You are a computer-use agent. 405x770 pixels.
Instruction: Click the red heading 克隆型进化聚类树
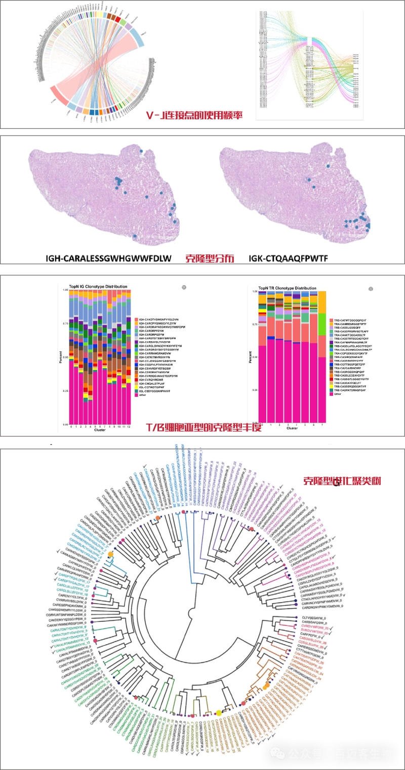341,481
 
